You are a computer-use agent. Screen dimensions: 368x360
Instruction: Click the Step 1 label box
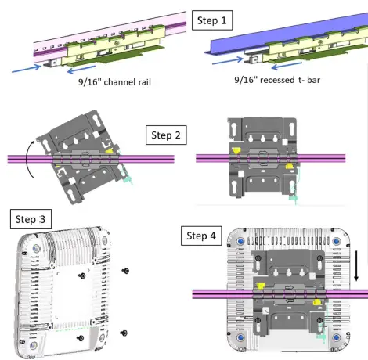coord(212,20)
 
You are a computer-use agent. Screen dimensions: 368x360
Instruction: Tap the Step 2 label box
coord(166,135)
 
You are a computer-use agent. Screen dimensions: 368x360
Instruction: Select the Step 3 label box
coord(31,219)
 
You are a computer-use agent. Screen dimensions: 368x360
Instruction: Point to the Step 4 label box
coord(201,236)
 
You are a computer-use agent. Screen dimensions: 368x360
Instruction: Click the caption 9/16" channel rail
coord(114,82)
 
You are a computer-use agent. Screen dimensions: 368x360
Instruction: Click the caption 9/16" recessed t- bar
coord(277,80)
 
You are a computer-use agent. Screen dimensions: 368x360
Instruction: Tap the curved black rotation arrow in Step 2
coord(28,159)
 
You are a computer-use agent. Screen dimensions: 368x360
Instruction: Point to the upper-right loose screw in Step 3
coord(126,271)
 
